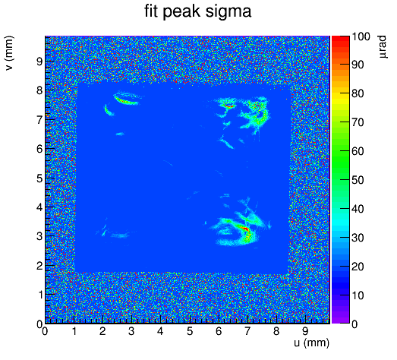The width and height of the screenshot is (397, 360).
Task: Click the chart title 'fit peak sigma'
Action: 198,11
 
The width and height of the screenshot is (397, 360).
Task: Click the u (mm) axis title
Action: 311,343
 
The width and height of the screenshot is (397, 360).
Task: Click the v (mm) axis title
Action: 9,53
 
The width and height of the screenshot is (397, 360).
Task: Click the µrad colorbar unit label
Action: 383,47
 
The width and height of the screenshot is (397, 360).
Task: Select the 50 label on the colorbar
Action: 358,180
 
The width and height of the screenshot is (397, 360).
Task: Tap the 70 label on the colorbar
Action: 358,122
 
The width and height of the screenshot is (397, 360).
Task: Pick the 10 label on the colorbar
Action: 358,295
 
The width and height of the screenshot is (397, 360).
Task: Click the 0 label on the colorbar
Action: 355,324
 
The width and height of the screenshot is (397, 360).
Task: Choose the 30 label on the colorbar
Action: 358,238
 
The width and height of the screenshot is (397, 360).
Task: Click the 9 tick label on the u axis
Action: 305,331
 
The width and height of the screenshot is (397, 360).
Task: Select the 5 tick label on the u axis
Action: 190,331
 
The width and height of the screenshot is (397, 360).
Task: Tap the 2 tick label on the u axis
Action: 102,331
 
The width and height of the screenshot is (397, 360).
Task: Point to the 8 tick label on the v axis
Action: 39,90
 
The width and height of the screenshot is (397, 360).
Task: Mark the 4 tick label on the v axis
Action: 39,207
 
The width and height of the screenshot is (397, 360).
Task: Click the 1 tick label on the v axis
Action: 39,295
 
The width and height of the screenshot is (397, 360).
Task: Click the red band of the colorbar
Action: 341,44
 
